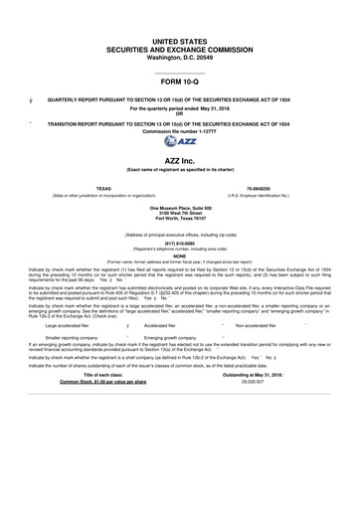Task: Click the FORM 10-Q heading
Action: [180, 82]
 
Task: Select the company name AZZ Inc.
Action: [180, 160]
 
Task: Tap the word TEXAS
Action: [76, 187]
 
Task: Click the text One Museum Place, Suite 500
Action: [180, 208]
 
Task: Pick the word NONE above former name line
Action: [180, 254]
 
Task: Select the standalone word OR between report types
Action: [180, 112]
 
